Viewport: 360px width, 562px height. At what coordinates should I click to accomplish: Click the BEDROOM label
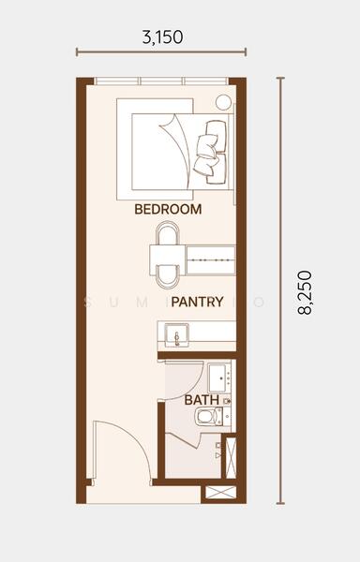pyautogui.click(x=168, y=209)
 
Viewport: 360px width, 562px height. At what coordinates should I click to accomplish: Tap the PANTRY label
pyautogui.click(x=196, y=302)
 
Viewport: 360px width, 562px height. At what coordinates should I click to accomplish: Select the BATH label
pyautogui.click(x=202, y=400)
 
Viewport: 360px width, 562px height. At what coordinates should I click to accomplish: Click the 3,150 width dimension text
pyautogui.click(x=161, y=37)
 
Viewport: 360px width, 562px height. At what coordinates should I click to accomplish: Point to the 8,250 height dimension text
pyautogui.click(x=305, y=292)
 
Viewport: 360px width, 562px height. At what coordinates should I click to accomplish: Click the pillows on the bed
pyautogui.click(x=212, y=147)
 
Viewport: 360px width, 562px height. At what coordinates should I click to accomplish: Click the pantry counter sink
pyautogui.click(x=172, y=333)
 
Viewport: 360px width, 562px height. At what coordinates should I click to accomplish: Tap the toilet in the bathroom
pyautogui.click(x=206, y=416)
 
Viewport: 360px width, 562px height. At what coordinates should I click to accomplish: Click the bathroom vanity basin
pyautogui.click(x=221, y=377)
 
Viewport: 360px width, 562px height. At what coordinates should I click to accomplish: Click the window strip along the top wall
pyautogui.click(x=159, y=81)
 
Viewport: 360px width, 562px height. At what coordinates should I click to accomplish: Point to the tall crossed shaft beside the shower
pyautogui.click(x=231, y=456)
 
